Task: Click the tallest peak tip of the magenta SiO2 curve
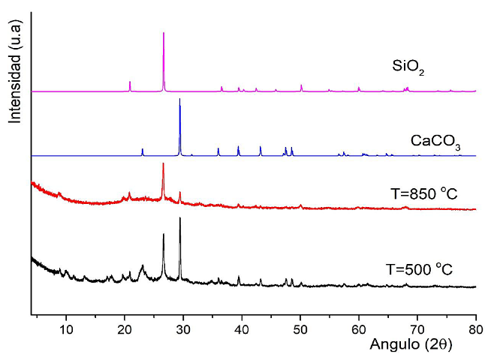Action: click(x=164, y=33)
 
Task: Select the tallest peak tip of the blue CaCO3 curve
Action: click(x=179, y=99)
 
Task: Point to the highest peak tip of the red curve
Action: click(x=163, y=163)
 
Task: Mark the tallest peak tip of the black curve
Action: click(x=179, y=217)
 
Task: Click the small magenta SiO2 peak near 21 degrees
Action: click(x=130, y=82)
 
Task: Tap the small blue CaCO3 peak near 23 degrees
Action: click(x=142, y=149)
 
